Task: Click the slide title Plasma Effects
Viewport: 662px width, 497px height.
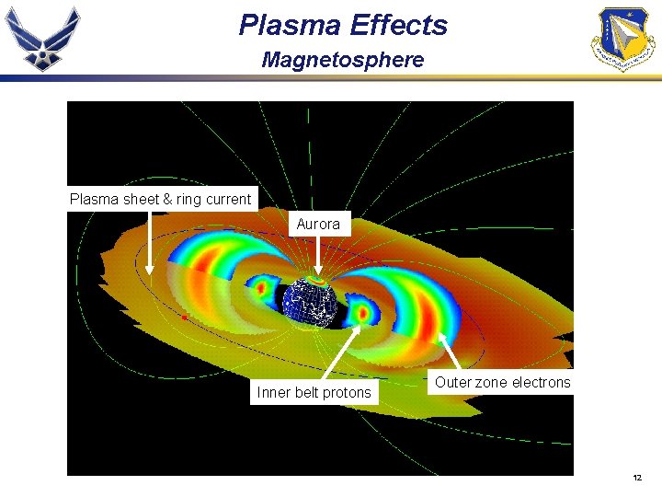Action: (343, 25)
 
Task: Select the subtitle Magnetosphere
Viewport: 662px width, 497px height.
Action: (343, 61)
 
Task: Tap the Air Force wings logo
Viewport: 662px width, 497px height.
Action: (43, 38)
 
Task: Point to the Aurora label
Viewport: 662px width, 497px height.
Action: (318, 224)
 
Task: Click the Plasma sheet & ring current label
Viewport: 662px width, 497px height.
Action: (161, 199)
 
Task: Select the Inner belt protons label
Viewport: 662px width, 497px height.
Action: (314, 393)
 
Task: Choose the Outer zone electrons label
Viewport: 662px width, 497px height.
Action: (502, 382)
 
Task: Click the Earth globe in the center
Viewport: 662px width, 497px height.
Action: (310, 301)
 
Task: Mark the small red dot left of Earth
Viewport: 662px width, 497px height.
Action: (184, 318)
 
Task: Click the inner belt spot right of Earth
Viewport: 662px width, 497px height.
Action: (361, 313)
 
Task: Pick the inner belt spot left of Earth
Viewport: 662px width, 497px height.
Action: (260, 288)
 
